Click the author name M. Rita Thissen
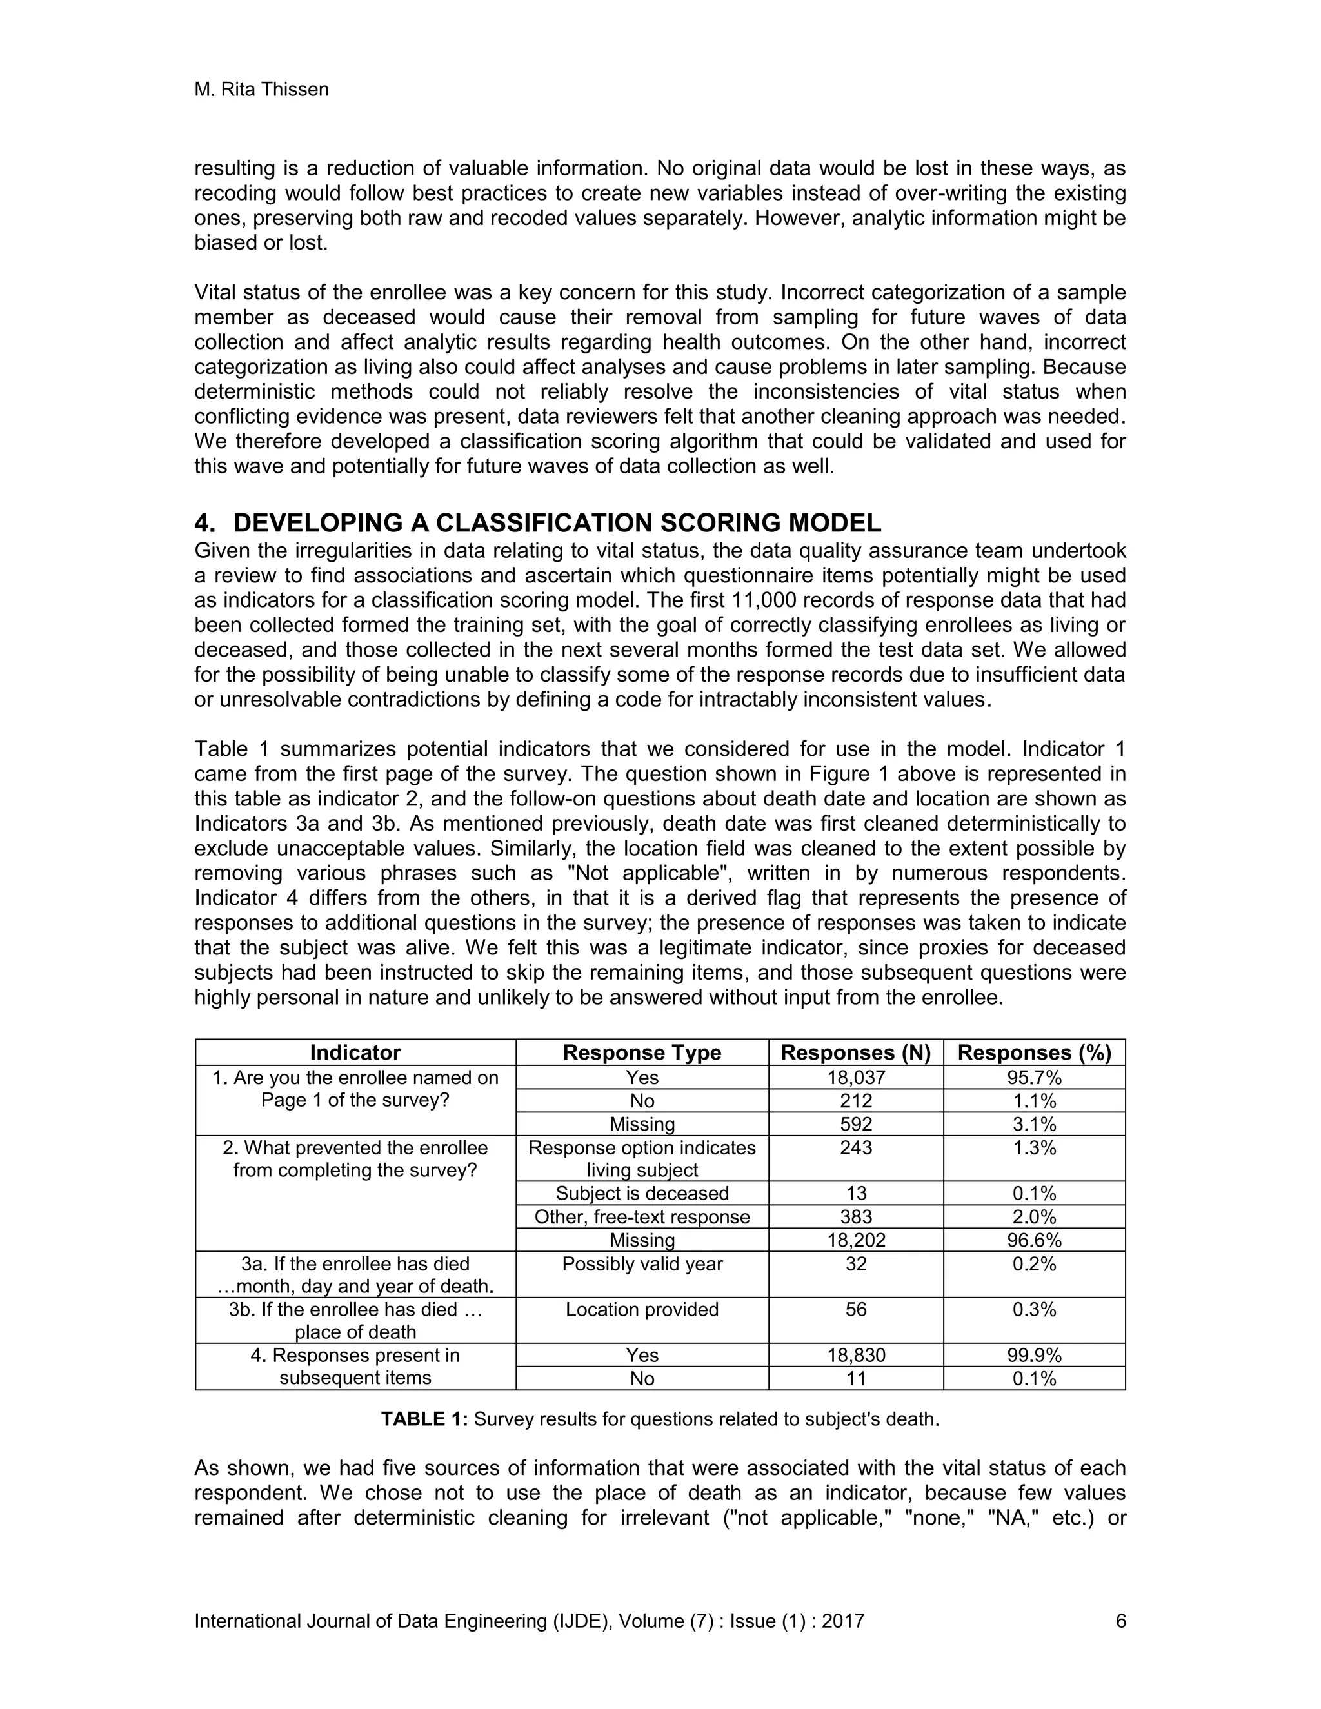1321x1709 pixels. click(x=261, y=90)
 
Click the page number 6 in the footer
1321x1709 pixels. click(x=1120, y=1621)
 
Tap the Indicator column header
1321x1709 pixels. click(x=355, y=1052)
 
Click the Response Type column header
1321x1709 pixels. click(x=642, y=1052)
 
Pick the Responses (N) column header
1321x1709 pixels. click(x=856, y=1052)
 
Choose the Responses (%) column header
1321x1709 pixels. click(x=1034, y=1052)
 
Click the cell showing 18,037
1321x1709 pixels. click(x=856, y=1078)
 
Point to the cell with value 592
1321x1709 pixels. click(x=856, y=1125)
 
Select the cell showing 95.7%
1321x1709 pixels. click(x=1034, y=1078)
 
